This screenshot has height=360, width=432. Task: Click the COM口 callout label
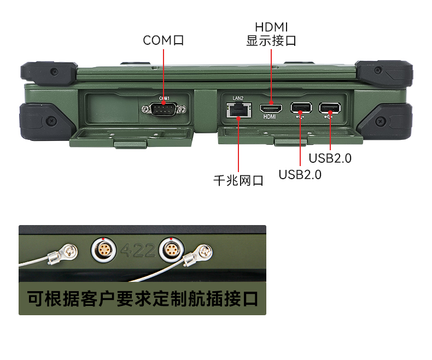(163, 40)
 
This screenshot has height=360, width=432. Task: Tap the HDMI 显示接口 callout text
(271, 34)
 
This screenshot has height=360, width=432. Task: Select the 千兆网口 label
(238, 181)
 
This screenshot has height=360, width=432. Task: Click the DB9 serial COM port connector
(164, 109)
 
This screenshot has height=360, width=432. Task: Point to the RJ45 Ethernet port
(238, 110)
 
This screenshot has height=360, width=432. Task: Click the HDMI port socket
(271, 109)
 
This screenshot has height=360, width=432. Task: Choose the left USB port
(301, 108)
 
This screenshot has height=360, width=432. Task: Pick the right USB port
(330, 108)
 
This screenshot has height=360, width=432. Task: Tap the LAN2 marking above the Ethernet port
(238, 98)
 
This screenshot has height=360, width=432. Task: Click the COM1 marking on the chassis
(165, 98)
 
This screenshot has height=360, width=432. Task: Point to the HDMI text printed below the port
(270, 117)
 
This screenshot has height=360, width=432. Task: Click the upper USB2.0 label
(330, 158)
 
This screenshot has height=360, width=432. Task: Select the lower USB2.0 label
(300, 174)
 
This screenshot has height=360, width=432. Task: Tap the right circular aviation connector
(171, 250)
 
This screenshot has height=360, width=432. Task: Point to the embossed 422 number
(138, 250)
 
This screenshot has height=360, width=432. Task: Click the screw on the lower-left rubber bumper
(51, 120)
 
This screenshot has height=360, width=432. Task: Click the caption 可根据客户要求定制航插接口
(142, 299)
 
